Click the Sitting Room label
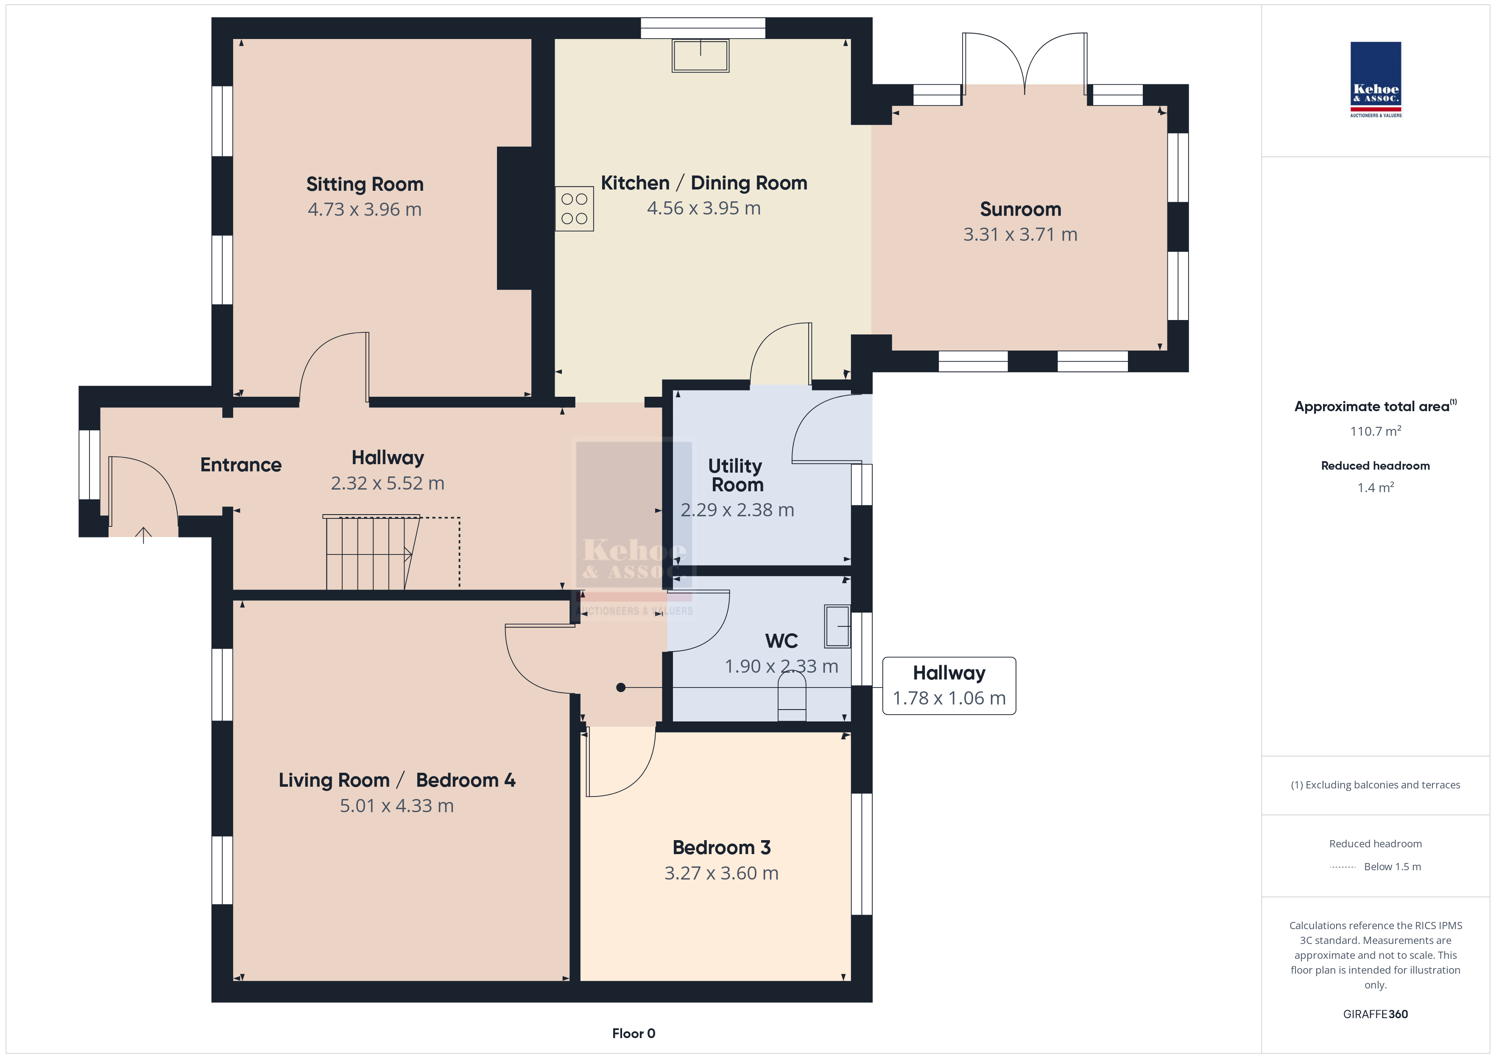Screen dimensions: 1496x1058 (365, 184)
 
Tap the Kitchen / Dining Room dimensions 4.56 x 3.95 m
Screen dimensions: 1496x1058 (704, 209)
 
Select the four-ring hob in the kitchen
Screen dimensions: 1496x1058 (574, 209)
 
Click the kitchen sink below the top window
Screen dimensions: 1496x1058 (701, 56)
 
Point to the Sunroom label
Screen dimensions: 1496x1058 (1020, 209)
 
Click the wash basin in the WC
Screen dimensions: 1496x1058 (837, 626)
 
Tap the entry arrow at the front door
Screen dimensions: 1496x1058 (143, 535)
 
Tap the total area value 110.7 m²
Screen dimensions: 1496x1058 (1376, 431)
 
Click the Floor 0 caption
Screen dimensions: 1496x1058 (634, 1033)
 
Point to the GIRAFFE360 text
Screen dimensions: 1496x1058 (1376, 1014)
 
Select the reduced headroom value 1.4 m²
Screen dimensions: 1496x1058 (1376, 487)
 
